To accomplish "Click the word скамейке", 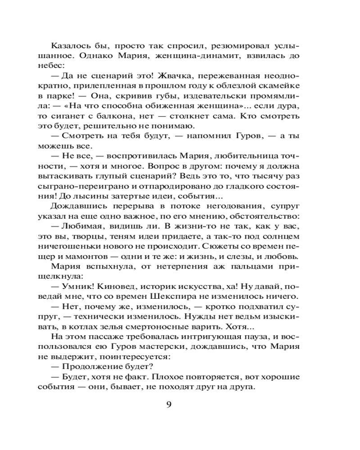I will pos(282,86).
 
